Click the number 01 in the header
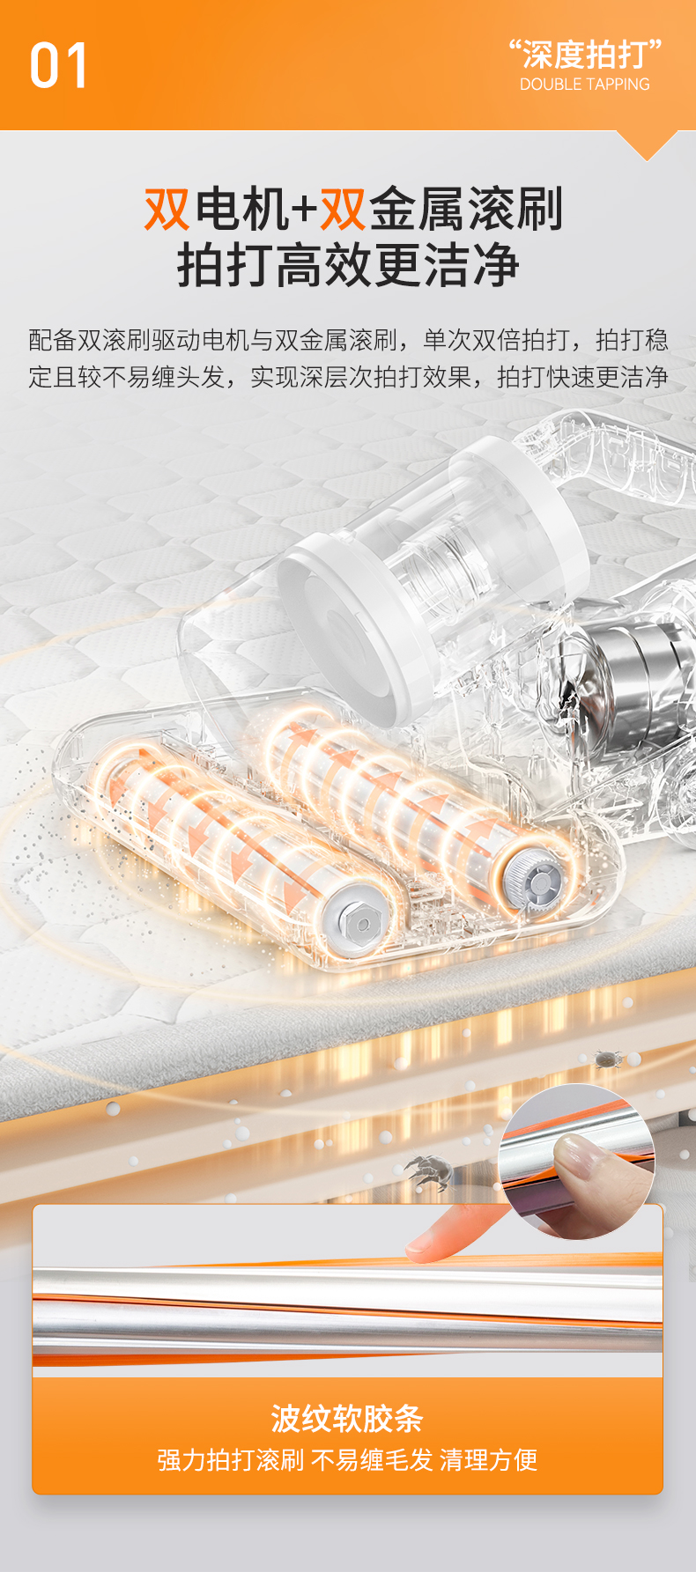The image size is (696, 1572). point(58,65)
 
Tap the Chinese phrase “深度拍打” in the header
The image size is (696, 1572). point(585,54)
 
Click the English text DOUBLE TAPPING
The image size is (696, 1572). point(585,85)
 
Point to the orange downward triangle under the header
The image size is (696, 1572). point(648,144)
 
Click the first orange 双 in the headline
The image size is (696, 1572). point(167,210)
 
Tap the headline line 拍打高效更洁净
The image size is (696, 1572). point(349,265)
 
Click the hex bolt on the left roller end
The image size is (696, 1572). point(359,920)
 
